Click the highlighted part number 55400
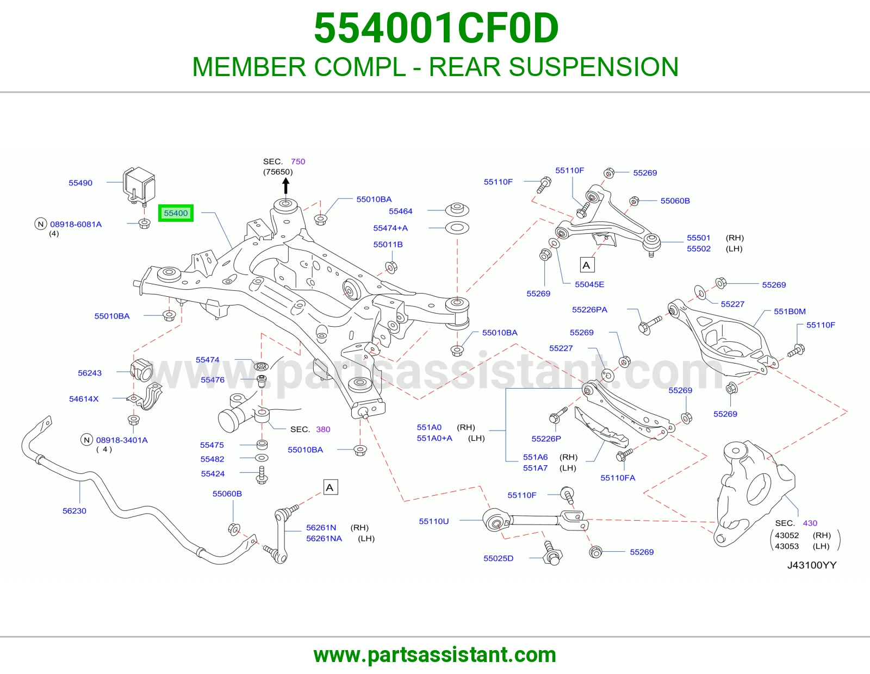tap(176, 213)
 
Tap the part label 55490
tap(80, 183)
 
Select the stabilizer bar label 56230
tap(74, 511)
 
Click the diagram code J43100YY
tap(811, 565)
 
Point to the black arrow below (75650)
tap(285, 186)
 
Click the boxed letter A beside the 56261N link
tap(330, 487)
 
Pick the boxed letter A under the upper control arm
tap(587, 265)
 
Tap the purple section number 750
tap(298, 161)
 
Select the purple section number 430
tap(810, 523)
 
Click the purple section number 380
tap(323, 429)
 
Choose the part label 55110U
tap(434, 521)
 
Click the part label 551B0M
tap(790, 311)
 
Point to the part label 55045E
tap(589, 285)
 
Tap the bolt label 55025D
tap(499, 558)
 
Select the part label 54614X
tap(84, 398)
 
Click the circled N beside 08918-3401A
tap(86, 440)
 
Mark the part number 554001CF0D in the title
tap(436, 28)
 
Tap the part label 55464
tap(400, 211)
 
